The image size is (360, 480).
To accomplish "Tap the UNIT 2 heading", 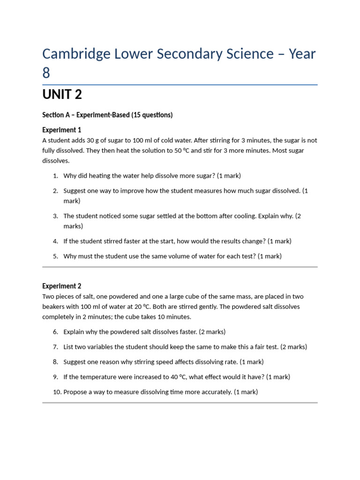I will click(62, 95).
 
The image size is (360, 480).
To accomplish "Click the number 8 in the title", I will click(46, 73).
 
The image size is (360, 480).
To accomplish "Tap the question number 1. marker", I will click(55, 176).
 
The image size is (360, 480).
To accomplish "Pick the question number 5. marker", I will click(55, 256).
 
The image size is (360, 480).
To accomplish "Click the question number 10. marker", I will click(57, 392).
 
